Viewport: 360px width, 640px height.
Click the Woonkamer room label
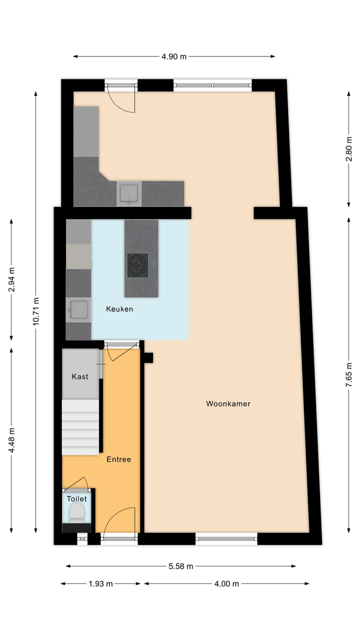click(x=228, y=403)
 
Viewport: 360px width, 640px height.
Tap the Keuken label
click(x=119, y=309)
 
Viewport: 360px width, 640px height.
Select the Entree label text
click(x=118, y=459)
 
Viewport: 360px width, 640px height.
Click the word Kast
click(x=80, y=376)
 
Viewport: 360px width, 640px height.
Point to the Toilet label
click(x=77, y=498)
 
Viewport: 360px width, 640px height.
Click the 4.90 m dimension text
click(x=174, y=56)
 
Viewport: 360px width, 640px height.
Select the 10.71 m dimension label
click(x=36, y=312)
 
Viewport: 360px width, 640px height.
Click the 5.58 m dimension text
click(x=180, y=566)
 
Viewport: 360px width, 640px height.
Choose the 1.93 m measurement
click(x=100, y=583)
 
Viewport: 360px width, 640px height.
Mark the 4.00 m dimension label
click(x=226, y=583)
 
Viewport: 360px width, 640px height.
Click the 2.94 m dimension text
click(x=12, y=280)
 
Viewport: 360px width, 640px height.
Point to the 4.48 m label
click(x=12, y=440)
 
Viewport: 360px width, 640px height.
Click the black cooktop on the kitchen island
click(x=137, y=265)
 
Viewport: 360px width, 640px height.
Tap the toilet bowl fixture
click(x=76, y=512)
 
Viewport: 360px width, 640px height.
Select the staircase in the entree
click(x=80, y=426)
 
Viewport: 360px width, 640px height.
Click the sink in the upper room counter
click(x=129, y=193)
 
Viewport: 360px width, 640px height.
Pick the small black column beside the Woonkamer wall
click(x=148, y=357)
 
